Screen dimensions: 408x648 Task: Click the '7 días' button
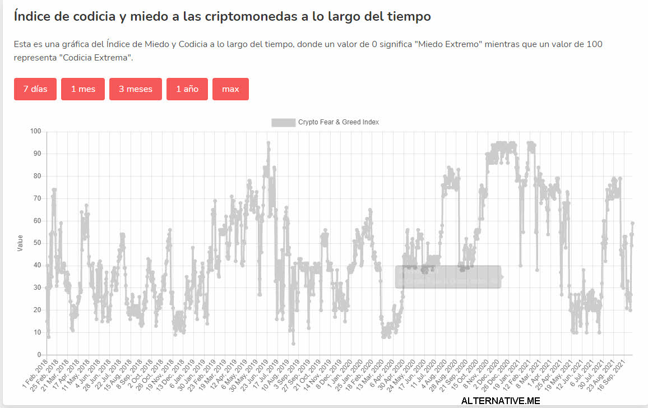[35, 89]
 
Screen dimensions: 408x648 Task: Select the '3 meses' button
[136, 89]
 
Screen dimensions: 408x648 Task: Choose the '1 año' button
[187, 89]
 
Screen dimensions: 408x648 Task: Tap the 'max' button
[230, 89]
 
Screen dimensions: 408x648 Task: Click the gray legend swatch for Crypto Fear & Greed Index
[283, 122]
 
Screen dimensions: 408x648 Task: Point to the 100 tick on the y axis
[36, 131]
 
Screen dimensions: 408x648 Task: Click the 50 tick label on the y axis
[38, 243]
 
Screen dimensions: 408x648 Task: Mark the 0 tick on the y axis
[39, 355]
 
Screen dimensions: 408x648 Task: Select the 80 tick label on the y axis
[38, 176]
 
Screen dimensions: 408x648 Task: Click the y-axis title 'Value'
[21, 243]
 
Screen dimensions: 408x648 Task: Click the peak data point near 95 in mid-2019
[269, 143]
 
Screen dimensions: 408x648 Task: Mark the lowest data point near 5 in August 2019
[293, 344]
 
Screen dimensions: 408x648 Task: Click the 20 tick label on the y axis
[38, 310]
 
